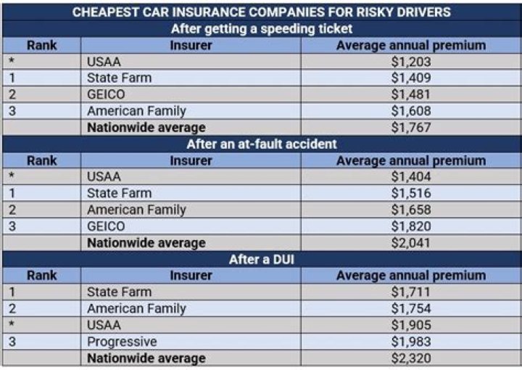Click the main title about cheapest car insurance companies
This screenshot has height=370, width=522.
(261, 12)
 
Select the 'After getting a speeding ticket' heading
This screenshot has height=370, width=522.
(261, 29)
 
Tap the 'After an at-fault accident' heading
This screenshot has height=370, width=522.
(261, 144)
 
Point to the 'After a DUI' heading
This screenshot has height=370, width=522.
(261, 259)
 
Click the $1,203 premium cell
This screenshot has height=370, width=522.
(410, 62)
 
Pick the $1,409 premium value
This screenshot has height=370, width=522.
(410, 78)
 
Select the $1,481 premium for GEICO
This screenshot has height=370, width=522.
(410, 94)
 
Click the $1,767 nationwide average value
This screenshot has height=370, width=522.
(410, 127)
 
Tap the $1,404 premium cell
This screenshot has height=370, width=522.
(410, 176)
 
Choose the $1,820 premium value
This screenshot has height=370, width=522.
(410, 226)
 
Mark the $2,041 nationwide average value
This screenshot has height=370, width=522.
(410, 242)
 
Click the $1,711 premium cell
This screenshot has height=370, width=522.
(410, 292)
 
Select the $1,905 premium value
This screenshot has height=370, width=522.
(410, 325)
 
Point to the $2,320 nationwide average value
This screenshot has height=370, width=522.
(410, 358)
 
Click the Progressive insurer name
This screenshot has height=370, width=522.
(122, 341)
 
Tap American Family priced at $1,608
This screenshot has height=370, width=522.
(136, 111)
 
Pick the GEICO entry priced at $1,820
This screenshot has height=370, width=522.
(106, 226)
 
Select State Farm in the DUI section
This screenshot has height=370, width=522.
(119, 292)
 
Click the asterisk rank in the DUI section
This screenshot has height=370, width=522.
(12, 325)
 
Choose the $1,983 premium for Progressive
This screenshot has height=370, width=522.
(410, 341)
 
